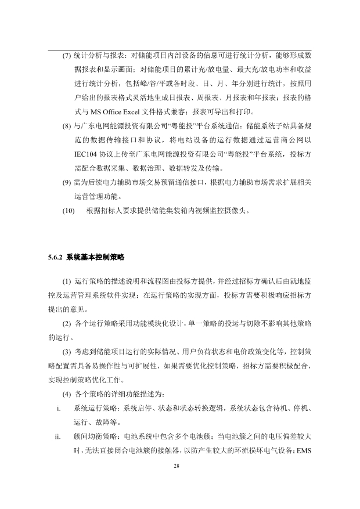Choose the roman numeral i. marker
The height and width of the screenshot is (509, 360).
[60, 409]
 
